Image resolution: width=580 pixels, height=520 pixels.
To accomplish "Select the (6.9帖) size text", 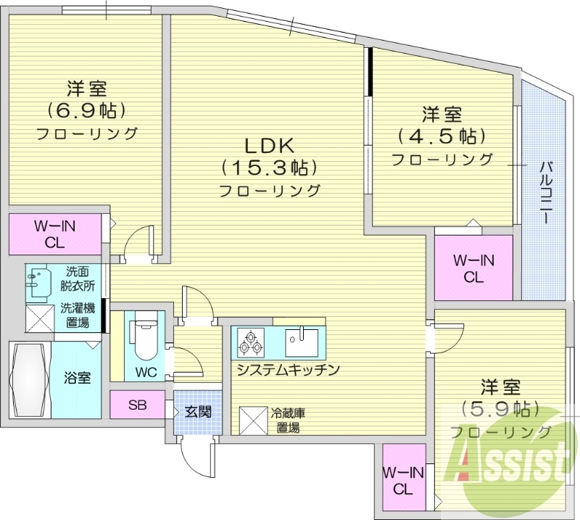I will pos(87,110).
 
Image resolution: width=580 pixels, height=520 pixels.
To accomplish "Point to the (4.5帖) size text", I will pos(442,136).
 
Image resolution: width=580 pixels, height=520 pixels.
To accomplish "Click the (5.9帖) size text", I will pos(500,408).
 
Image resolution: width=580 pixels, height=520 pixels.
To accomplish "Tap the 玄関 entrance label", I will pos(196,412).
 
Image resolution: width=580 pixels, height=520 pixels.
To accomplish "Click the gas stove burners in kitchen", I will pos(251,342).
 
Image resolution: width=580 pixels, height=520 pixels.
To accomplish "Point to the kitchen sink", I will pos(300,341).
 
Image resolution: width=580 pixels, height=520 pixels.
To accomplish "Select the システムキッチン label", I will pos(288,370).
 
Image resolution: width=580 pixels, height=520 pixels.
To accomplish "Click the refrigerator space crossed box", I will pos(254,419).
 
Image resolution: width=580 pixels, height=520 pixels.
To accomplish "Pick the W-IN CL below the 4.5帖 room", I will pos(473,268).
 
